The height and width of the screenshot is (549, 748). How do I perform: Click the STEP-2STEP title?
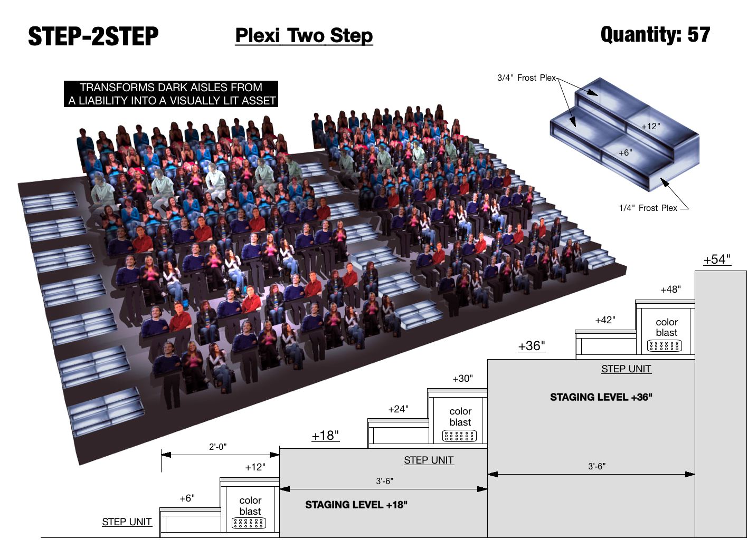(x=93, y=36)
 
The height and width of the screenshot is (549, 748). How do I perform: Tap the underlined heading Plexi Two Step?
(x=304, y=36)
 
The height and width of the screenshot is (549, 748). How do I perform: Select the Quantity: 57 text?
(x=655, y=35)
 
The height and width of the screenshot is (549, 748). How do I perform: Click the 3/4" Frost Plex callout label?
(x=526, y=78)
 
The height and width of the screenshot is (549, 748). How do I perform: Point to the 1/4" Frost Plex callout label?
(x=648, y=208)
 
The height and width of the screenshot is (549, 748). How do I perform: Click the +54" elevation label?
(x=717, y=259)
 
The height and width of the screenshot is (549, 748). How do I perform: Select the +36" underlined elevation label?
(x=531, y=346)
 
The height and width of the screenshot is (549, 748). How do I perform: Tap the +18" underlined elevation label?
(x=325, y=436)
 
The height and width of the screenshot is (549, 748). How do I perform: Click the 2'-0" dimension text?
(x=217, y=447)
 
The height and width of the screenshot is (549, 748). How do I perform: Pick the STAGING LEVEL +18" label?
(x=356, y=505)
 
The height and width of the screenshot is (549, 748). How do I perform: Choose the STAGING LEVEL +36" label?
(x=601, y=397)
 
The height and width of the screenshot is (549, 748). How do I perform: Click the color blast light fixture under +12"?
(x=249, y=523)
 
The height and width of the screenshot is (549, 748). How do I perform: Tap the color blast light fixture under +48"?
(x=665, y=346)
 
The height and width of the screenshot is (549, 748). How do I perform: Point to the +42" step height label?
(x=605, y=320)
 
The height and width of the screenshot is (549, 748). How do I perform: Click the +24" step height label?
(x=398, y=409)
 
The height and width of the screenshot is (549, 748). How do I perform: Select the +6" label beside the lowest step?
(x=187, y=498)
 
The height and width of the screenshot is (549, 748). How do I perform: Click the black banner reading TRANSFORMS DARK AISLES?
(x=171, y=94)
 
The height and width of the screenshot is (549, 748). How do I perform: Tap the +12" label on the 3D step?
(x=650, y=127)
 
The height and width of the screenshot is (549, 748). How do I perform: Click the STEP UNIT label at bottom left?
(x=127, y=522)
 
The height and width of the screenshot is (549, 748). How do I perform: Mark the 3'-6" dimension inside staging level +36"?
(x=596, y=466)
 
